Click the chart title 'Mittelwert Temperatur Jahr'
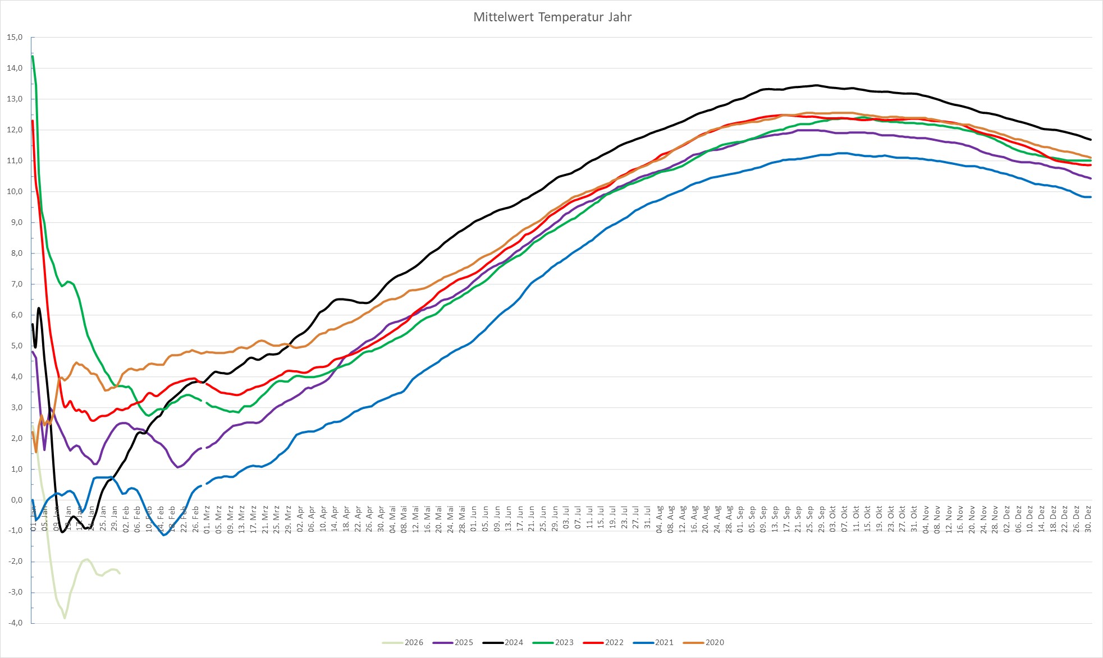click(552, 17)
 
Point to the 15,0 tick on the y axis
click(15, 38)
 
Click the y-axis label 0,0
click(16, 500)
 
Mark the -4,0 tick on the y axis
click(15, 623)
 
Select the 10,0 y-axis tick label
click(15, 192)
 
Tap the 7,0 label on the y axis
click(16, 284)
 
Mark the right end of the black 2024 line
click(1091, 140)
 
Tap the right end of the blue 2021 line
click(1091, 197)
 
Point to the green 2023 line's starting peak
click(33, 56)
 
